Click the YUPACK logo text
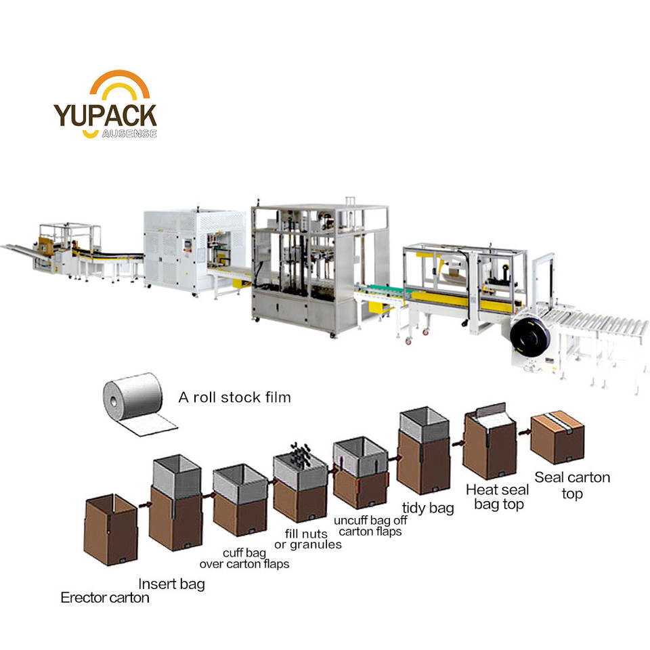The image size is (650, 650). click(x=106, y=115)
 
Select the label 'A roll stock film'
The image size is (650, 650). click(x=234, y=397)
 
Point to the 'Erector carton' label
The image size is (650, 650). click(x=105, y=597)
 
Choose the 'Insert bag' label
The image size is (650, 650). click(x=171, y=584)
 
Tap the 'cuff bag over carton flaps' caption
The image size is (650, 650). click(x=244, y=559)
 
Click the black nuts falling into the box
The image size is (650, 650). click(x=299, y=454)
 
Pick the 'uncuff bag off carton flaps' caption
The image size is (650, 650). click(x=368, y=526)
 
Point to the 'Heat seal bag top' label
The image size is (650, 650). click(x=492, y=496)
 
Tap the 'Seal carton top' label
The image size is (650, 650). click(x=572, y=485)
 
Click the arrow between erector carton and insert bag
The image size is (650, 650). click(x=144, y=504)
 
